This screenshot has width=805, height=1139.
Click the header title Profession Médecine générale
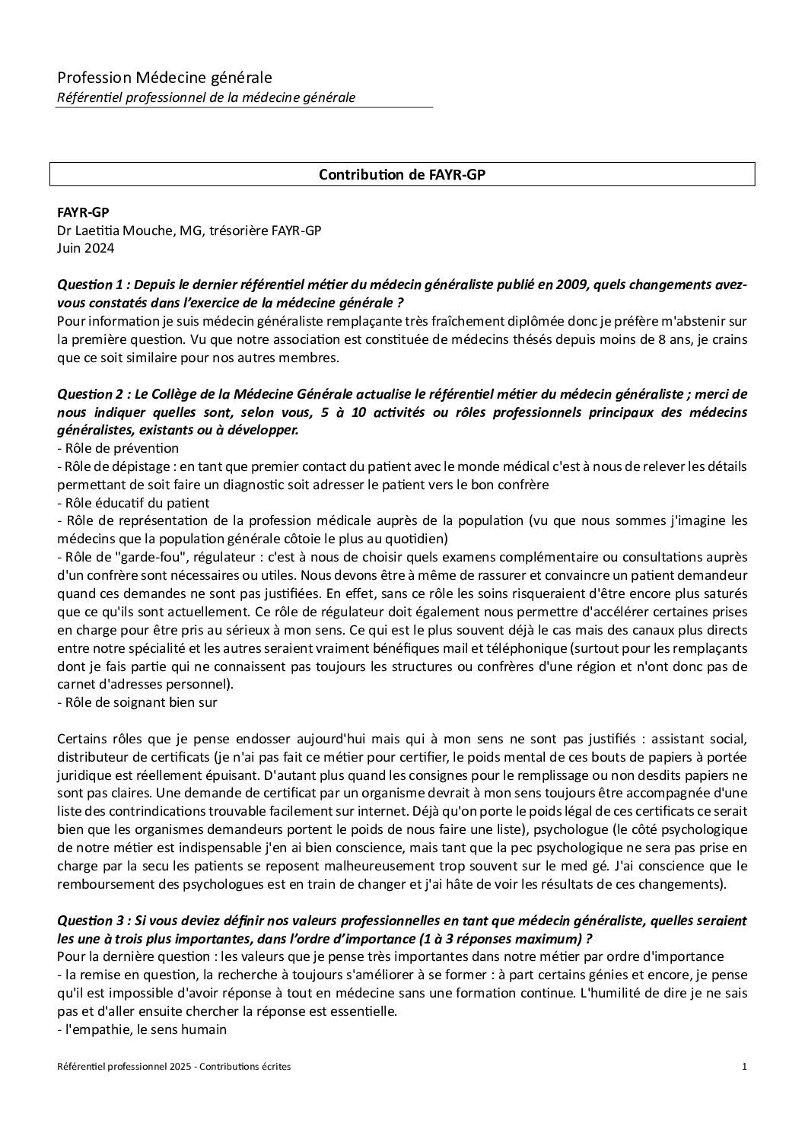click(164, 78)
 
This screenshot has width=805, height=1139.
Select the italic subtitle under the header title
click(206, 97)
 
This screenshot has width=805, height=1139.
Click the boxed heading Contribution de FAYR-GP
click(402, 174)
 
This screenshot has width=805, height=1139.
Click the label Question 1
click(90, 285)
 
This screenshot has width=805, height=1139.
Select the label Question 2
click(90, 394)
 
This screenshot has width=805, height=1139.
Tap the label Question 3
click(90, 921)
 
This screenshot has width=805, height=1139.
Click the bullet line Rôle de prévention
click(119, 448)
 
